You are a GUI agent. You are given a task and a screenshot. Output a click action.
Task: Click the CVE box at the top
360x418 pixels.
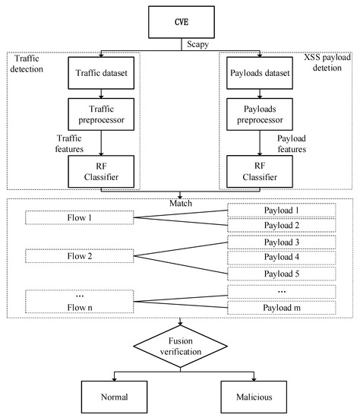point(182,22)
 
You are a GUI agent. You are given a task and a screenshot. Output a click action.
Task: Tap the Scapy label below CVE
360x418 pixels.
point(197,44)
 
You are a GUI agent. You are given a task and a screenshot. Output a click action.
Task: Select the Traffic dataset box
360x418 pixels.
point(101,73)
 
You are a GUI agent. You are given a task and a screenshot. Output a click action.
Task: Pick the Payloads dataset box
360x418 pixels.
point(260,73)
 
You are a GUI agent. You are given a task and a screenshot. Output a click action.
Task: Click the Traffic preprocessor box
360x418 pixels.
point(101,114)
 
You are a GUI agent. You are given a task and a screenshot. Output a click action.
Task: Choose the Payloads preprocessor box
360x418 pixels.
point(260,114)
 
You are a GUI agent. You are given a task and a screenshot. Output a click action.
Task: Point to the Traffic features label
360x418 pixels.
point(69,144)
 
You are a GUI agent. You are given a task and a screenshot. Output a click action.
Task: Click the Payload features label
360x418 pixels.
point(292,144)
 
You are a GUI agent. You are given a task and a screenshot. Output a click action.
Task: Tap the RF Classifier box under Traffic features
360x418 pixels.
point(101,172)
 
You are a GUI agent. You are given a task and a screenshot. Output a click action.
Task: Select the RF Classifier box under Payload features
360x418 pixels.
point(260,172)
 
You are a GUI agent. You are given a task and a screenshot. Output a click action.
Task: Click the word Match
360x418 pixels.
point(181,204)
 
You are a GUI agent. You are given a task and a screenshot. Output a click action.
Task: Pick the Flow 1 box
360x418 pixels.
point(80,218)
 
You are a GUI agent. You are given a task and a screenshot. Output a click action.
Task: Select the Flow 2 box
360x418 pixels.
point(80,256)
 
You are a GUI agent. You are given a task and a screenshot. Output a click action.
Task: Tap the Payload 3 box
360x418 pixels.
point(281,242)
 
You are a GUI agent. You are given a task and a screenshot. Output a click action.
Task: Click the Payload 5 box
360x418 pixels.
point(281,274)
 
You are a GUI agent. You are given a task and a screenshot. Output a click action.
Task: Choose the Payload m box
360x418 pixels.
point(281,308)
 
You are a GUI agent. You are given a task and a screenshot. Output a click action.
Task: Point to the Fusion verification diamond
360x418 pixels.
point(181,347)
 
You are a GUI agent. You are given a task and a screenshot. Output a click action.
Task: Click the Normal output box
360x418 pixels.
point(115,397)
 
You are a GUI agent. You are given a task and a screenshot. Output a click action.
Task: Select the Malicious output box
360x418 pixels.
point(254,397)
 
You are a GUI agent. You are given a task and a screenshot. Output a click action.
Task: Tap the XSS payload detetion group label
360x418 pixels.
point(327,62)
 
